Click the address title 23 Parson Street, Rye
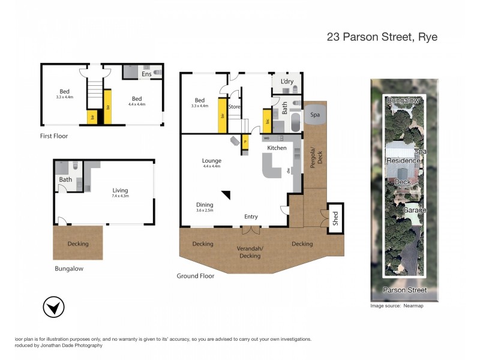(x=382, y=37)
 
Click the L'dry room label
(x=287, y=80)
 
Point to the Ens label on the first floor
(x=146, y=74)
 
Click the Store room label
(x=234, y=107)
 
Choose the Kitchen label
(x=277, y=148)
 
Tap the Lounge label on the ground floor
(x=211, y=161)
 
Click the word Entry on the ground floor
(x=251, y=217)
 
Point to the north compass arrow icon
(x=54, y=308)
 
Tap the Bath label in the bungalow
(x=65, y=179)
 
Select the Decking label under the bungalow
(x=78, y=244)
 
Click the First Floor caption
(x=54, y=136)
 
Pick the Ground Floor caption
(x=195, y=276)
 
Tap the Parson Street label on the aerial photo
(x=405, y=290)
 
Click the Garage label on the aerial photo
(x=414, y=211)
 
